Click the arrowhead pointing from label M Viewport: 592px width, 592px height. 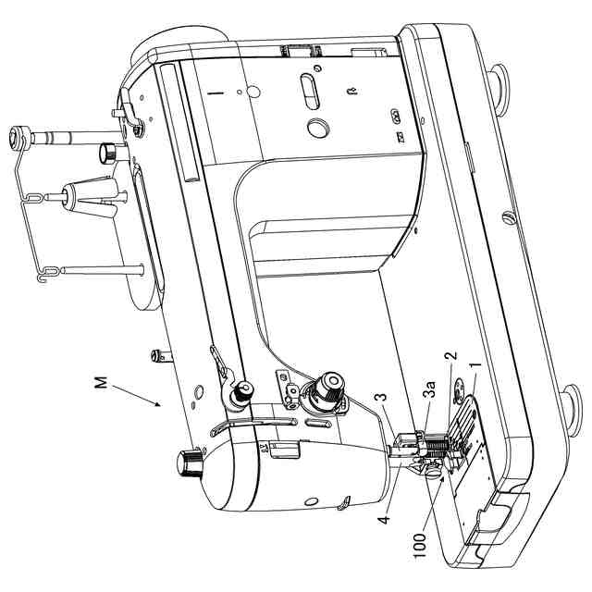coord(162,405)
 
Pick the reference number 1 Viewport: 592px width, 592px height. coord(475,369)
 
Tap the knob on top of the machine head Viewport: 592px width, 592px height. coord(191,460)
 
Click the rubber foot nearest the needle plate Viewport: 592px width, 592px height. coord(568,403)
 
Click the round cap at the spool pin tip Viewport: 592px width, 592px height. coord(16,140)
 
